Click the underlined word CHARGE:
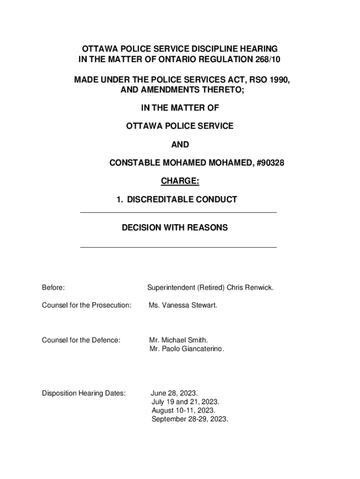point(180,181)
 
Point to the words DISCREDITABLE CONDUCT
point(182,200)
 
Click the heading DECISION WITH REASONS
point(175,228)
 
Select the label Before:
point(53,287)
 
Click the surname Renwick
point(259,287)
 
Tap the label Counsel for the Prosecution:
point(86,305)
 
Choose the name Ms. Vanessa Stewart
point(183,305)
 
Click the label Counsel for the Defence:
point(81,340)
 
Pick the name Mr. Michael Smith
point(178,340)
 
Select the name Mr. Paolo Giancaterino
point(187,349)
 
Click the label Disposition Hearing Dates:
point(84,393)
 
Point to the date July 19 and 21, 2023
point(185,402)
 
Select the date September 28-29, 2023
point(190,419)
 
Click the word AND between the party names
point(180,145)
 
